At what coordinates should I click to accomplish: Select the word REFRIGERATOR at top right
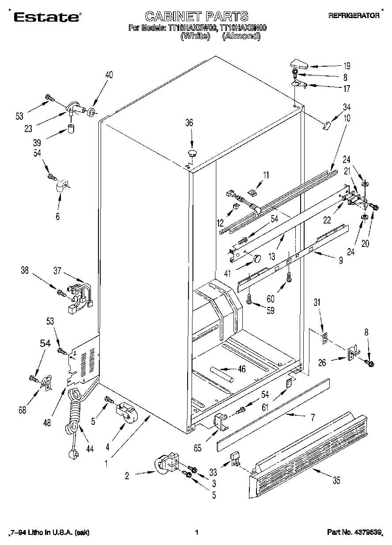tap(354, 15)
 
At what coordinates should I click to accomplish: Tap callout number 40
tap(109, 75)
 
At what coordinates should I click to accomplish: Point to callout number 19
tap(347, 66)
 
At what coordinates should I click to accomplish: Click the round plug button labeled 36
tap(192, 153)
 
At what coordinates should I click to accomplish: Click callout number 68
tap(23, 409)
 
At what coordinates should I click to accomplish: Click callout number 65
tap(197, 447)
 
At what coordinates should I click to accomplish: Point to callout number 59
tap(270, 310)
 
